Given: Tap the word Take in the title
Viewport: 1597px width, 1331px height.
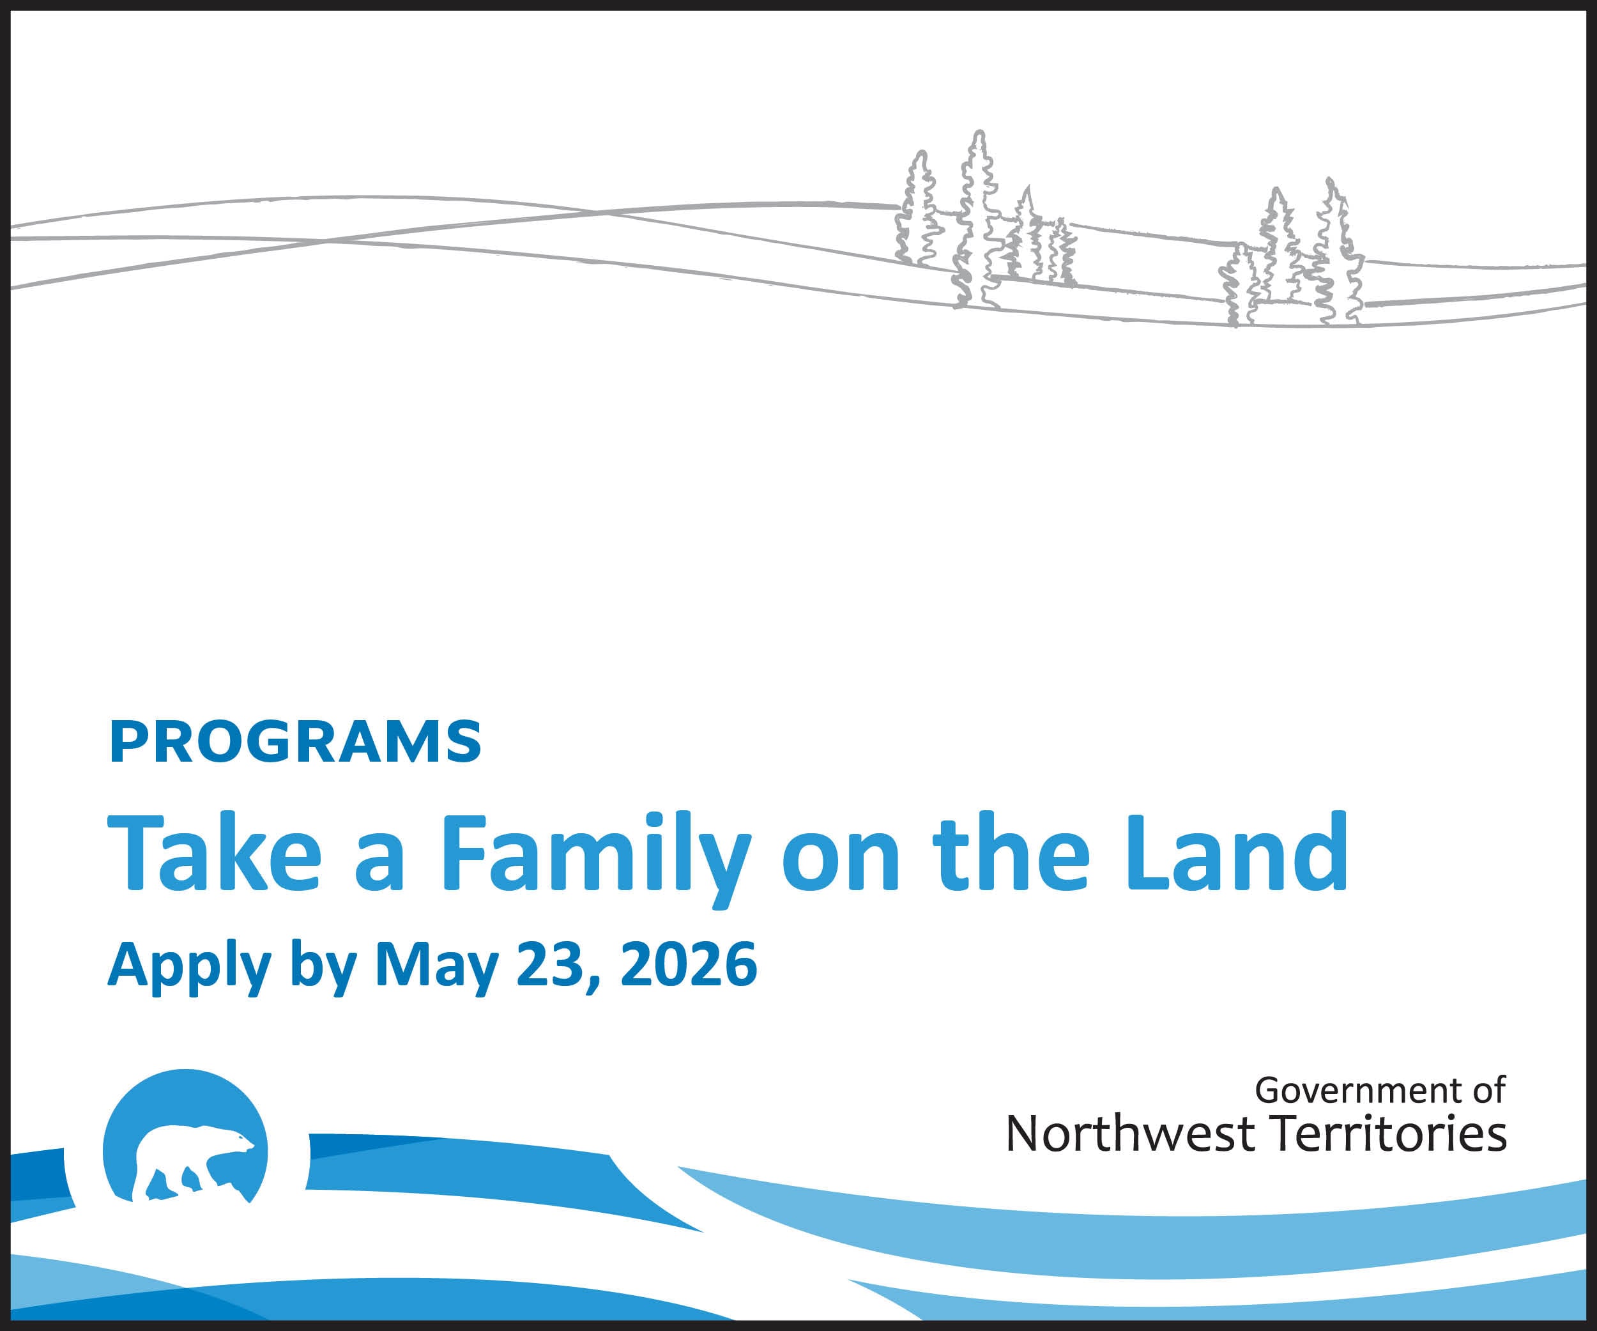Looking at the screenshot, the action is [215, 852].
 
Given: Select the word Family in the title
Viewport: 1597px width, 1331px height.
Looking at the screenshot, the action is [595, 859].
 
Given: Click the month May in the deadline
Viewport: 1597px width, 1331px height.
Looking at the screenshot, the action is [436, 967].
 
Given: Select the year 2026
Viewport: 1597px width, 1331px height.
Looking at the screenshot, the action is [689, 964].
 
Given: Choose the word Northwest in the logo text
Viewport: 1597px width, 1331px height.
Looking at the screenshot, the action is [1130, 1134].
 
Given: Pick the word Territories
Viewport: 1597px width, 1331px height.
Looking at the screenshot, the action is [1389, 1134].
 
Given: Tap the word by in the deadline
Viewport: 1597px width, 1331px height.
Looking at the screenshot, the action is [324, 967].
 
